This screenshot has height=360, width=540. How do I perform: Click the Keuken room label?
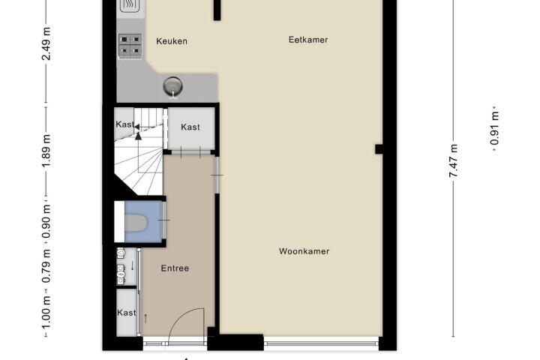pyautogui.click(x=172, y=41)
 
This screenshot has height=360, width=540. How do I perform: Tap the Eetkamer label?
pyautogui.click(x=308, y=40)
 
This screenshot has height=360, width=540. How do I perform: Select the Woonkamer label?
pyautogui.click(x=304, y=251)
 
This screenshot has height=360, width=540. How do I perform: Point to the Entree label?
pyautogui.click(x=175, y=268)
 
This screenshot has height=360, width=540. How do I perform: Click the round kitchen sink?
pyautogui.click(x=173, y=86)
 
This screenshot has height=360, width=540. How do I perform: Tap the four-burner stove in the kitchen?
pyautogui.click(x=130, y=45)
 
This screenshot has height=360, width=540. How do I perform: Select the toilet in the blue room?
pyautogui.click(x=136, y=223)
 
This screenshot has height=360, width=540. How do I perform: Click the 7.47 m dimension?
pyautogui.click(x=453, y=161)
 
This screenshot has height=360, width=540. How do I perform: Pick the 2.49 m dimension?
pyautogui.click(x=46, y=43)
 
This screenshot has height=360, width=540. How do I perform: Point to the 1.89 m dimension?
pyautogui.click(x=46, y=151)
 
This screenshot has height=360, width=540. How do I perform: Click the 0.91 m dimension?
pyautogui.click(x=494, y=128)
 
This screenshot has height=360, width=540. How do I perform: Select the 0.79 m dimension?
pyautogui.click(x=46, y=266)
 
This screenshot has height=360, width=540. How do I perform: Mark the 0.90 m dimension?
pyautogui.click(x=46, y=221)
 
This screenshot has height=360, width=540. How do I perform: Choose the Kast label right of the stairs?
pyautogui.click(x=190, y=127)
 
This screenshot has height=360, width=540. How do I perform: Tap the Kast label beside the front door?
pyautogui.click(x=127, y=313)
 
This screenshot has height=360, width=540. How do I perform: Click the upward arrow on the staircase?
pyautogui.click(x=138, y=136)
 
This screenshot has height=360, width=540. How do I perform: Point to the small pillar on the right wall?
pyautogui.click(x=379, y=149)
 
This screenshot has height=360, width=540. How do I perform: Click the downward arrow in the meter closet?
pyautogui.click(x=133, y=265)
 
